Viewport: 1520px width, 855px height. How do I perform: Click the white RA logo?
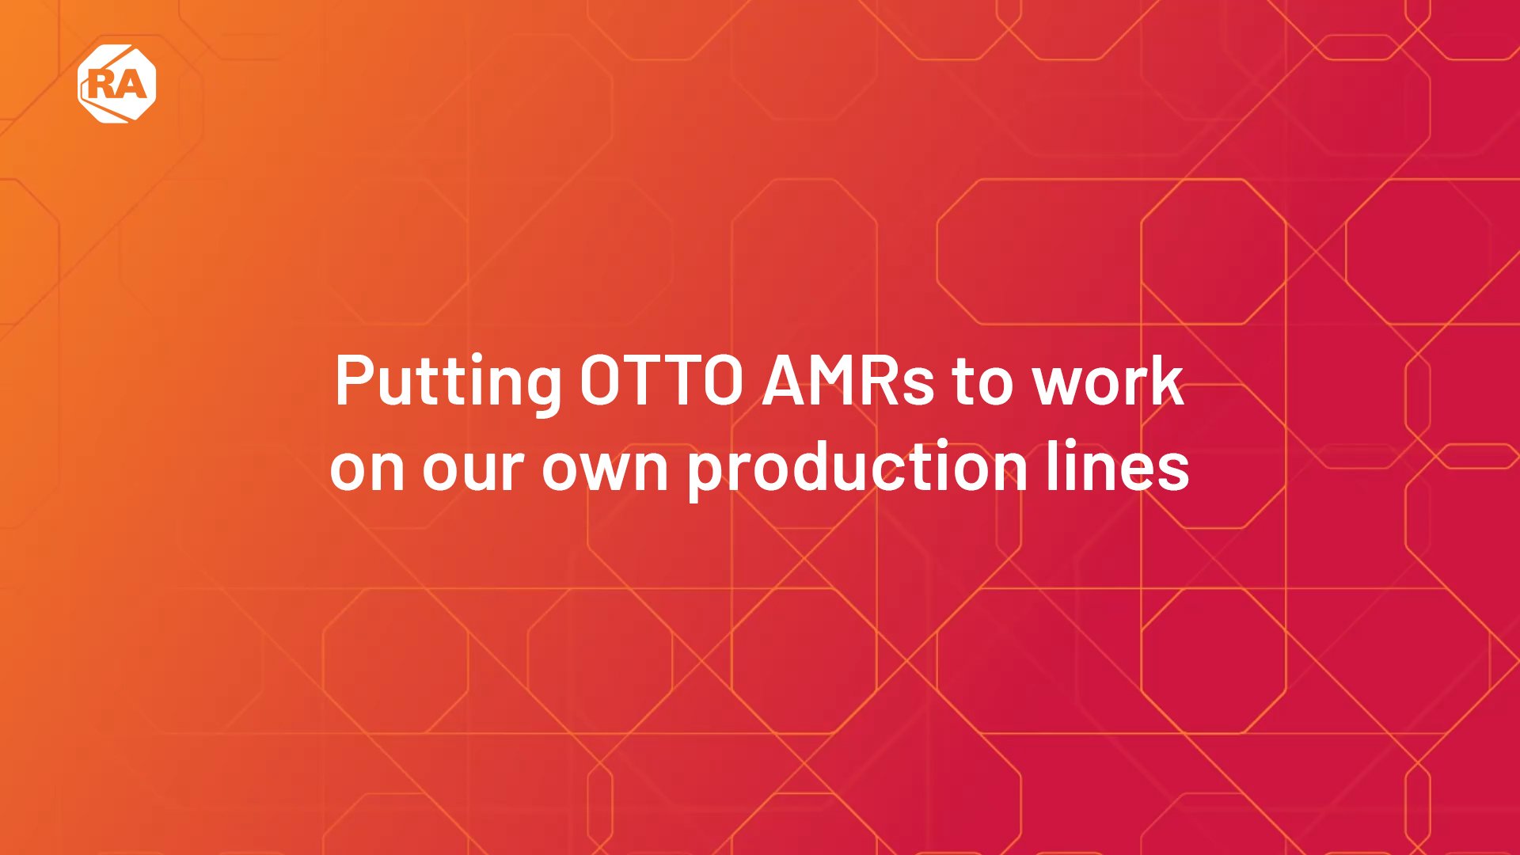(117, 84)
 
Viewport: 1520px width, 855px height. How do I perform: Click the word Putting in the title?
(448, 382)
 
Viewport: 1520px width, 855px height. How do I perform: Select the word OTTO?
(661, 382)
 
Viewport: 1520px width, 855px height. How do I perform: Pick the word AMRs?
(848, 382)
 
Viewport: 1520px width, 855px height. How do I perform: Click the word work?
(1108, 382)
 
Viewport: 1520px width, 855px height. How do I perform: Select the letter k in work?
(1166, 381)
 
